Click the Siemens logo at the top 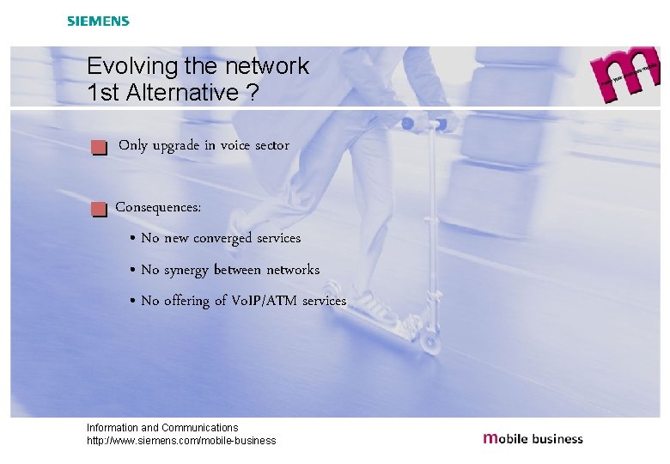point(98,21)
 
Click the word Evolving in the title point(125,66)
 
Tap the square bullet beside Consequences point(100,209)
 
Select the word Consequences point(159,207)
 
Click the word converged point(222,238)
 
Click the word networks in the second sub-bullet point(292,270)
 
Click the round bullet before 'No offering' point(132,302)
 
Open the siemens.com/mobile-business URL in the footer point(181,441)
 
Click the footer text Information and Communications point(162,427)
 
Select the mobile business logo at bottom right point(533,438)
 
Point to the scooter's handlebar point(427,121)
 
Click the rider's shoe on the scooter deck point(371,305)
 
